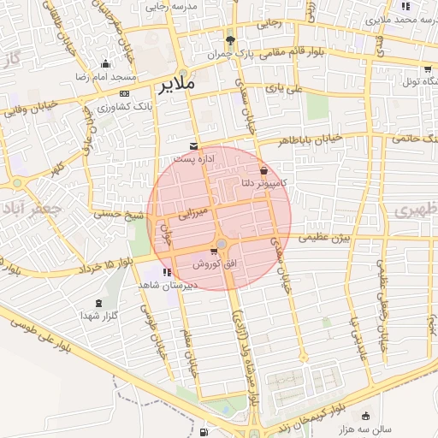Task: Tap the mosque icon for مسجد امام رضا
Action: (x=105, y=63)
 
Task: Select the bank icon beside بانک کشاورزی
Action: (x=125, y=92)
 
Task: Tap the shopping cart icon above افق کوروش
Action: (x=213, y=252)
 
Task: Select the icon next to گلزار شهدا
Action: (x=97, y=303)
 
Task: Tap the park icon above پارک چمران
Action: (x=229, y=40)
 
